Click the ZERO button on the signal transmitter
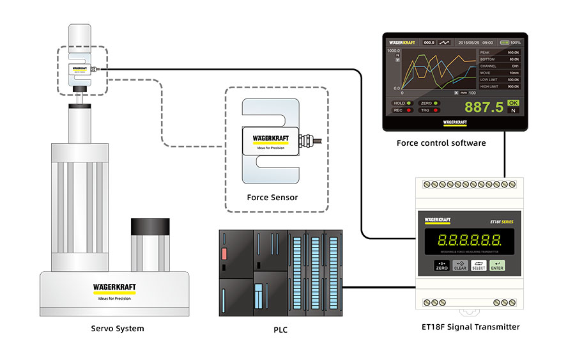[441, 265]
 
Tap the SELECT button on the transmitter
[479, 265]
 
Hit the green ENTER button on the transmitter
[497, 265]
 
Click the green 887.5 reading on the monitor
[484, 107]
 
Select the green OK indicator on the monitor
[513, 102]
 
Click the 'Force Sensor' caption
[272, 197]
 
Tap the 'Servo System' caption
[117, 329]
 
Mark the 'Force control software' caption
[441, 143]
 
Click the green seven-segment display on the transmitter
[469, 242]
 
